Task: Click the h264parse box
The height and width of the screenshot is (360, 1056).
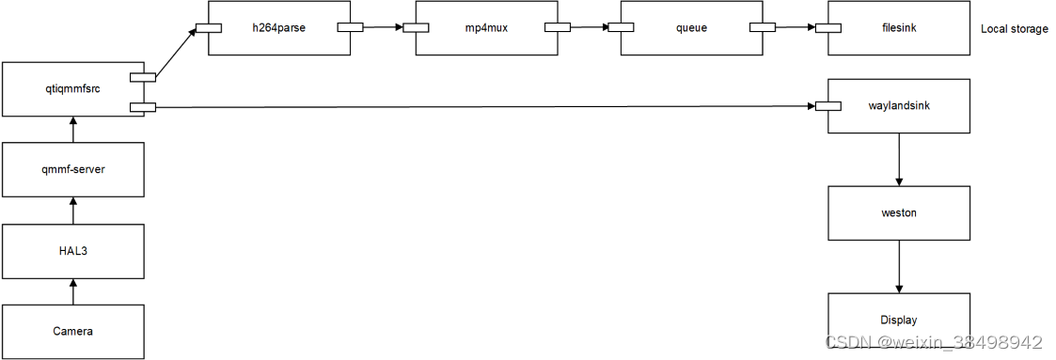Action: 278,28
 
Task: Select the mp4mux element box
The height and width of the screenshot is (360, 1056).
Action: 485,28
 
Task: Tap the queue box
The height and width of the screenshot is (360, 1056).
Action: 691,28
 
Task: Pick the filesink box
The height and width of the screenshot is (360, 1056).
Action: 898,28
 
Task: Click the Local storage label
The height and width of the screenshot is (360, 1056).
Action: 1014,29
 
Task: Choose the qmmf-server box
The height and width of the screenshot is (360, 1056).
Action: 73,170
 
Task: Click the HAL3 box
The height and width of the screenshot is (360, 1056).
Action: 73,251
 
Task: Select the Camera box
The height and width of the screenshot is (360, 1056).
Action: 73,331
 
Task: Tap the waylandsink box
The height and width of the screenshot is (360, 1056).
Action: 898,105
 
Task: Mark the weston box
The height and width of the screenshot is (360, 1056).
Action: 898,212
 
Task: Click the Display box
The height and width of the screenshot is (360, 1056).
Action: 898,320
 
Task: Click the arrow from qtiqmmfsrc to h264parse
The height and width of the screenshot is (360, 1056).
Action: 176,53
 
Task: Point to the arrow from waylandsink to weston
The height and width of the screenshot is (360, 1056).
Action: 900,159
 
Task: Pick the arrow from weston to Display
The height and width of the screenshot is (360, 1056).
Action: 900,266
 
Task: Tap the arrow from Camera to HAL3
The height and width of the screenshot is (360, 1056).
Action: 73,291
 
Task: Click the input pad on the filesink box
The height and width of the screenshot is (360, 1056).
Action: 827,27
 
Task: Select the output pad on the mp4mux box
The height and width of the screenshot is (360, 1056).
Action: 557,27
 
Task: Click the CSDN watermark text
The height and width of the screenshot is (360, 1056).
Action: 934,343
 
